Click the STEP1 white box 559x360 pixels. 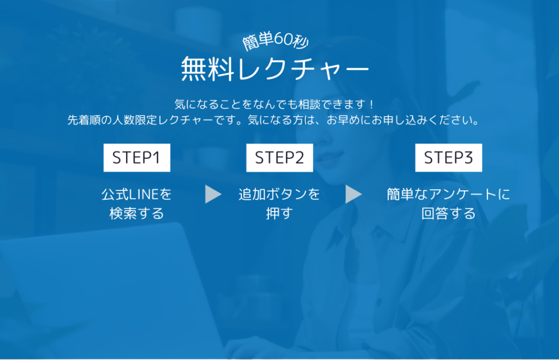(x=137, y=158)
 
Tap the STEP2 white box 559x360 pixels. (x=279, y=158)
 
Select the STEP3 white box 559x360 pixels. (x=449, y=158)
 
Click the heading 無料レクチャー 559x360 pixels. (x=275, y=69)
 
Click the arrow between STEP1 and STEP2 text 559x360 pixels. (x=213, y=194)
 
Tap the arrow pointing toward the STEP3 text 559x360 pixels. (x=354, y=194)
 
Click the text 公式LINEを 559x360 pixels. (x=137, y=194)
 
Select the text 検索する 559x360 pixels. (x=137, y=214)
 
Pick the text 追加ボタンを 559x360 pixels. (x=279, y=194)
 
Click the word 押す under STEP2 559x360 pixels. (x=279, y=214)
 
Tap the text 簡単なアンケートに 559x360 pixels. (x=449, y=194)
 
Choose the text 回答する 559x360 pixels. (x=449, y=214)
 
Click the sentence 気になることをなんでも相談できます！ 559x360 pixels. (x=275, y=104)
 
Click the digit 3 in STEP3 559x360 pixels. (x=467, y=158)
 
